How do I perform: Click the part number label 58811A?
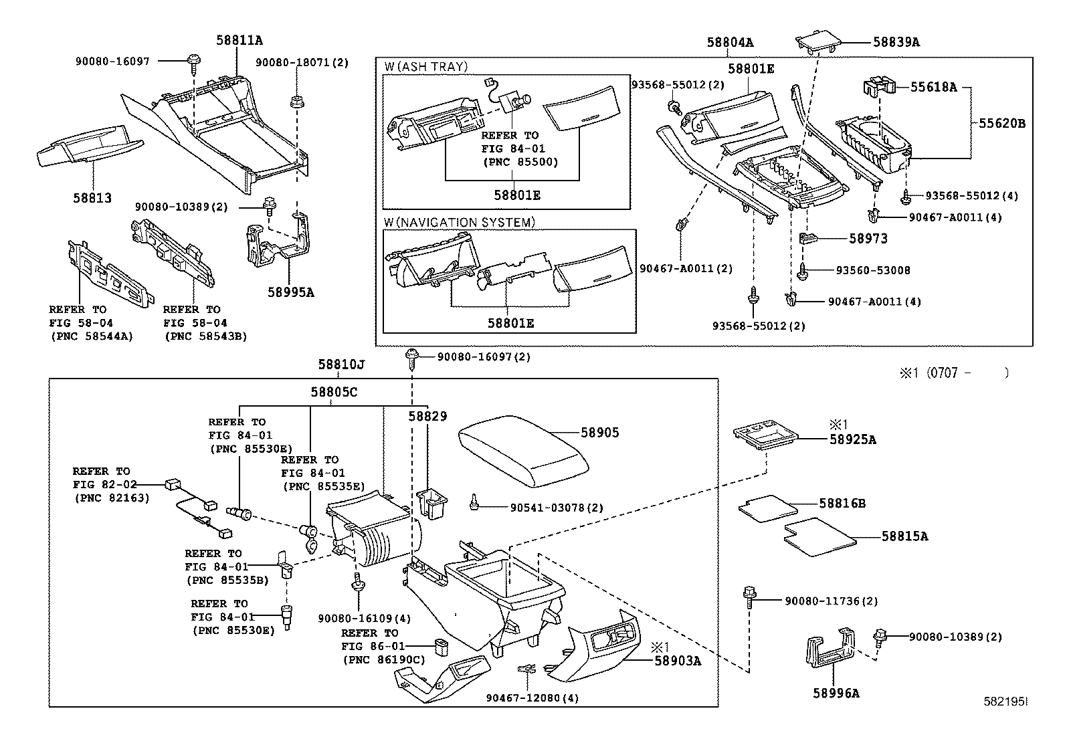pos(239,40)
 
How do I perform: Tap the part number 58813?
pos(92,199)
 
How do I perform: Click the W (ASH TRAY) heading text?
pos(425,67)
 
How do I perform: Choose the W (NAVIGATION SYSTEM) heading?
pos(459,222)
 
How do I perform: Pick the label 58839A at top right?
pos(896,42)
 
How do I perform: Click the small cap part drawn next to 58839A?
pos(817,41)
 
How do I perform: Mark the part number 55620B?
pos(1002,123)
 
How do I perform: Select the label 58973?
pos(868,238)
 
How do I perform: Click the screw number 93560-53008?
pos(873,270)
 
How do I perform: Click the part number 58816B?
pos(842,503)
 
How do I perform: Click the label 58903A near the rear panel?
pos(678,661)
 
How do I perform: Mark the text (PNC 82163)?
pos(111,498)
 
